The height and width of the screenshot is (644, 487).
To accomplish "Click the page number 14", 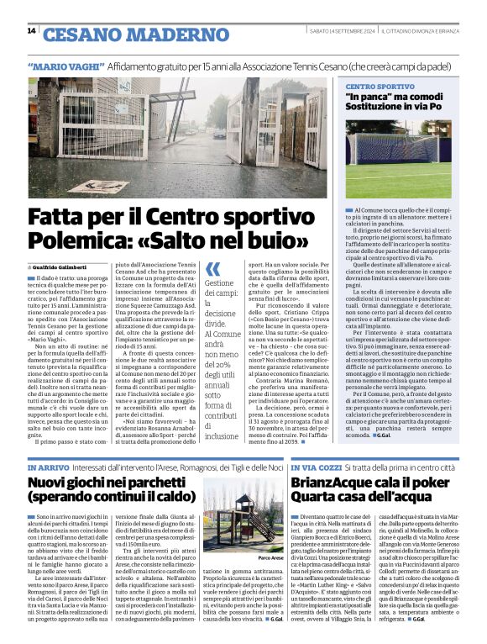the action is click(x=31, y=31).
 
